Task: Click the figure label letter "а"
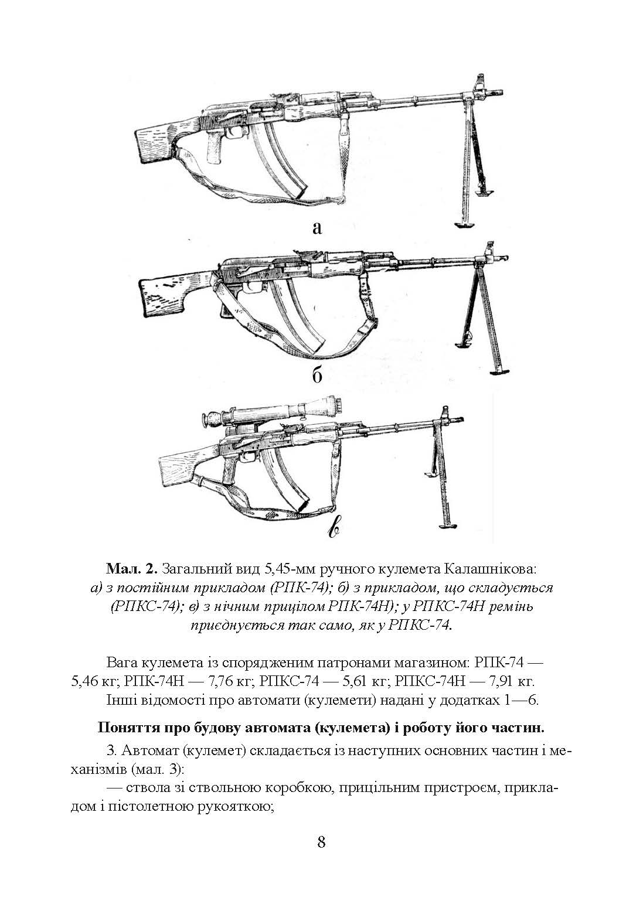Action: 317,227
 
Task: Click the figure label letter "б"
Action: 317,375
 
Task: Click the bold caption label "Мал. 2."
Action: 132,568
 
